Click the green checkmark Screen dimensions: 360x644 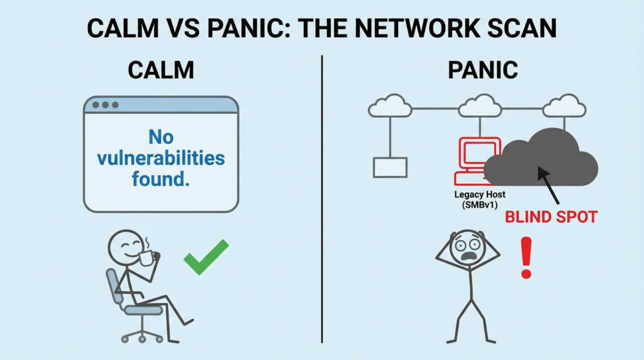point(206,257)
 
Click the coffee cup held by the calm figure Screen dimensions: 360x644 point(146,257)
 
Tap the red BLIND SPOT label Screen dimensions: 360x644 point(551,217)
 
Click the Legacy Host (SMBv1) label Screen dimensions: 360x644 point(479,200)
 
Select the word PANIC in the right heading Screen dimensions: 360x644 point(482,70)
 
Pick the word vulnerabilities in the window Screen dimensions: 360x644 point(161,157)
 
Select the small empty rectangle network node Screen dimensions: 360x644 point(390,167)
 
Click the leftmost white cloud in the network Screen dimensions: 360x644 point(390,107)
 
